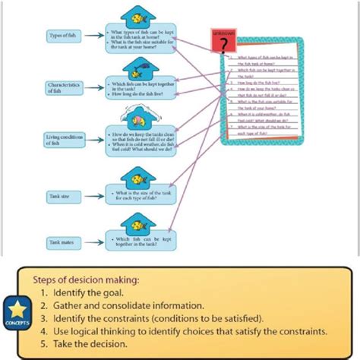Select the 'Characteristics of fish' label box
[x=65, y=88]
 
